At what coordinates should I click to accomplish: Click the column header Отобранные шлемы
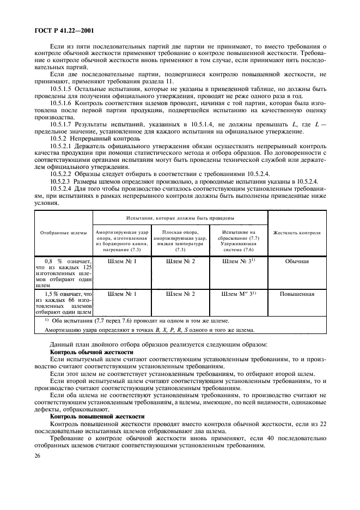tap(64, 233)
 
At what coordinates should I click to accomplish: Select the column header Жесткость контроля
tap(297, 233)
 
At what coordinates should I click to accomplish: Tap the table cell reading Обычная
tap(297, 261)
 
